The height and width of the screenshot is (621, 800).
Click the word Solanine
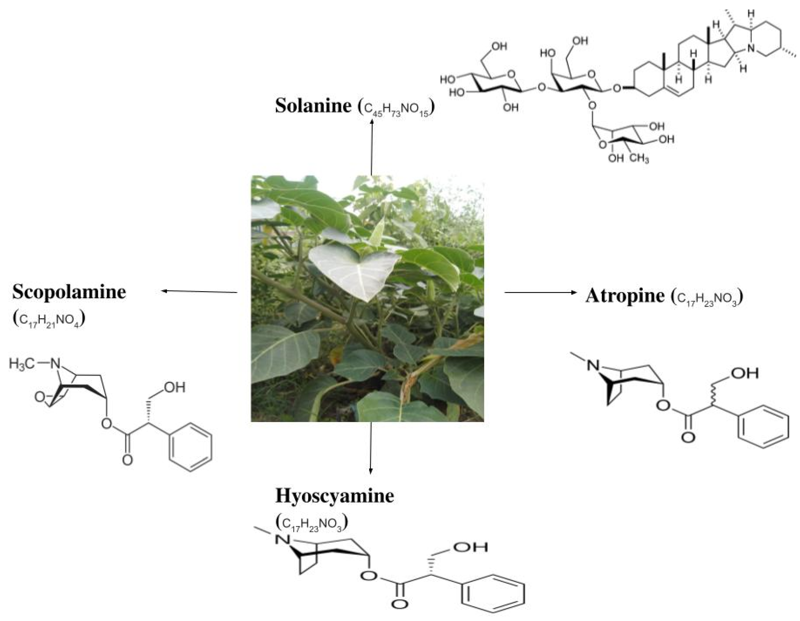point(313,105)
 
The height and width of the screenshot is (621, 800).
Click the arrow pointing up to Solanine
point(371,147)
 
